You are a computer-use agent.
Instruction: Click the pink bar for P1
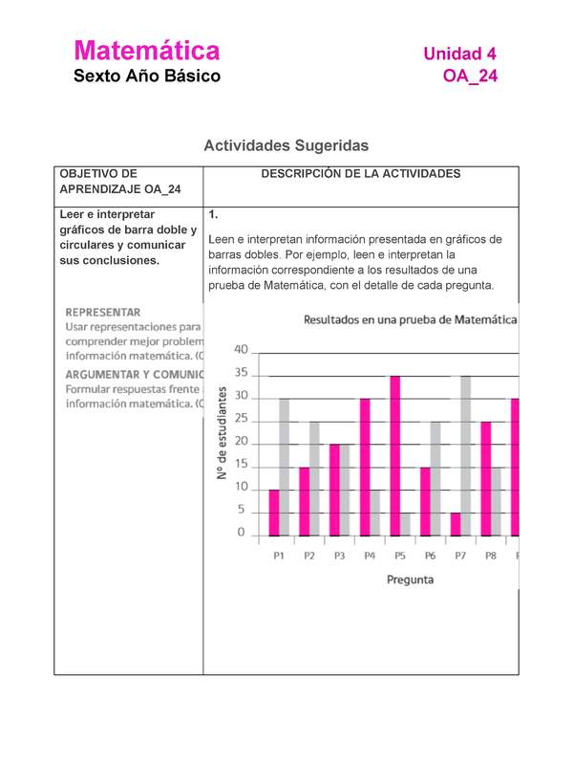click(274, 513)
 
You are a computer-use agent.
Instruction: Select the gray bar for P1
click(284, 467)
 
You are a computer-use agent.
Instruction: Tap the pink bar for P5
click(394, 455)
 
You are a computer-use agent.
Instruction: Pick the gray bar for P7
click(466, 455)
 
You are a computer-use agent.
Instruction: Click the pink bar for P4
click(365, 467)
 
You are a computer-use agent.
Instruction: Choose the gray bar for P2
click(314, 478)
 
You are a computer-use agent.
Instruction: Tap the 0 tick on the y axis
click(241, 533)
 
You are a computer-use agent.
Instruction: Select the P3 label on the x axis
click(339, 556)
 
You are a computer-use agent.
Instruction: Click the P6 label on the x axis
click(430, 556)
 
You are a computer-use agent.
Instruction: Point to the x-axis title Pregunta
click(410, 579)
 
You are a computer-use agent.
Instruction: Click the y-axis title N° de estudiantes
click(222, 433)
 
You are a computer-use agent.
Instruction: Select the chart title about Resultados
click(411, 320)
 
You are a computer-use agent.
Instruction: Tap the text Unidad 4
click(459, 54)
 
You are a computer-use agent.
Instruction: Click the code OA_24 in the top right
click(470, 76)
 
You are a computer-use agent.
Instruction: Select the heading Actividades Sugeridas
click(286, 145)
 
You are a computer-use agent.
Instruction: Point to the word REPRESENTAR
click(103, 312)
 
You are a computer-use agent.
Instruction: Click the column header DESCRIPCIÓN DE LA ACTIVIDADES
click(360, 174)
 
